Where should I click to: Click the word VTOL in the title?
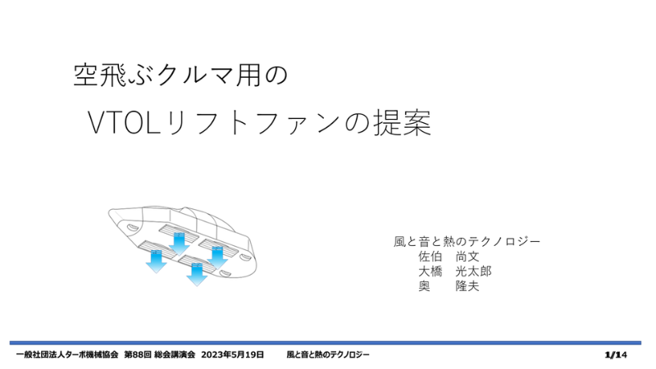click(x=125, y=123)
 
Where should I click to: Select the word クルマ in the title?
click(x=193, y=75)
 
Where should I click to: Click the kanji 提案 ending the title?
click(x=402, y=122)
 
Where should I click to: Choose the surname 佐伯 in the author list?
click(x=430, y=257)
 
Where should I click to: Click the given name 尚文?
click(x=467, y=257)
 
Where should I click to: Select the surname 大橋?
click(x=430, y=271)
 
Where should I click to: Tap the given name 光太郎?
click(x=474, y=271)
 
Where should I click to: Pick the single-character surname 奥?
click(x=424, y=286)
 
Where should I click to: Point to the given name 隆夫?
click(x=467, y=286)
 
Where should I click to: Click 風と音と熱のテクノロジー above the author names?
click(x=467, y=241)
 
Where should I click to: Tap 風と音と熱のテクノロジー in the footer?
click(x=328, y=355)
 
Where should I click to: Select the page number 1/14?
click(x=616, y=355)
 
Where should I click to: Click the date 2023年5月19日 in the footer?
click(x=232, y=355)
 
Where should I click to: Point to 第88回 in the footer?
click(x=138, y=355)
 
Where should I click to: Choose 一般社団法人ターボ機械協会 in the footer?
click(x=67, y=355)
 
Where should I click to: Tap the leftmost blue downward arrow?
click(x=157, y=262)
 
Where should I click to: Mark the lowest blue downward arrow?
click(x=197, y=275)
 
